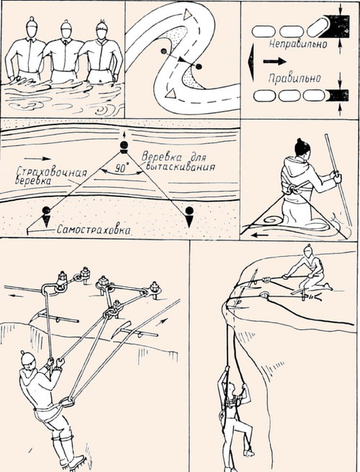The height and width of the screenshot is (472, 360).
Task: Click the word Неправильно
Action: point(292,45)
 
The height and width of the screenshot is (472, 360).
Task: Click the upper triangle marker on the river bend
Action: point(185,14)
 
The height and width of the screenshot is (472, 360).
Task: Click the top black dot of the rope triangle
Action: point(124,147)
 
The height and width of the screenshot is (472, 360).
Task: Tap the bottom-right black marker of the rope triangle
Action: point(189,212)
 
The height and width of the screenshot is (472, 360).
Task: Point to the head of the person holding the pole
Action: point(302,148)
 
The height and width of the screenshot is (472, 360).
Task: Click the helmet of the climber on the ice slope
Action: point(27,358)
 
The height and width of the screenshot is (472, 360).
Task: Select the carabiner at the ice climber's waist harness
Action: point(67,401)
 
